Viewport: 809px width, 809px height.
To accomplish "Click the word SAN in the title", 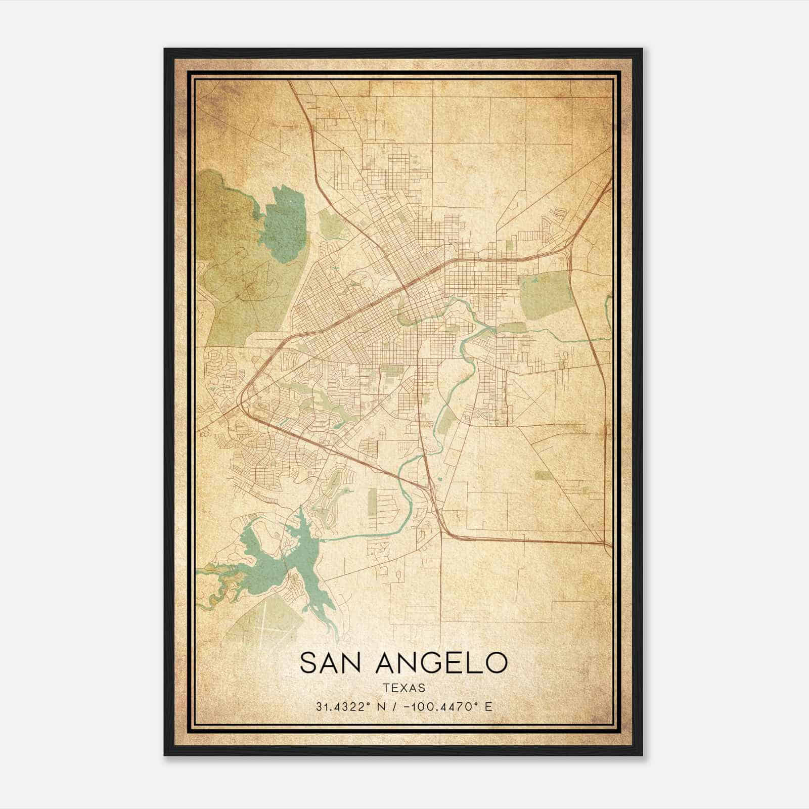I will click(x=331, y=663).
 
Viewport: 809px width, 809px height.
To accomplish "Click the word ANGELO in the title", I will click(x=441, y=663).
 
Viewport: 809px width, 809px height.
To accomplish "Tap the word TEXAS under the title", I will click(x=403, y=688).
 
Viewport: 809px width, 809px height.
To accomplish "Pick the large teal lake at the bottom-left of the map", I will click(x=273, y=561).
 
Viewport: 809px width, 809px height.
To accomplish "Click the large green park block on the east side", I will click(x=544, y=296).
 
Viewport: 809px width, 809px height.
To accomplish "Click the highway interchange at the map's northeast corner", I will click(x=571, y=243).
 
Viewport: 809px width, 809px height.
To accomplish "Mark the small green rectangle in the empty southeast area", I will click(x=542, y=475).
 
